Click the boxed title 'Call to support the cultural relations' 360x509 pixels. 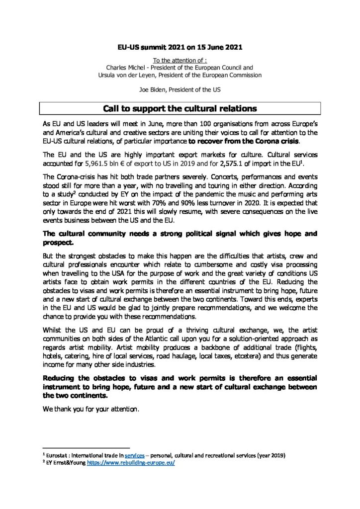180,108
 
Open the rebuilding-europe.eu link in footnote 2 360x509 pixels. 131,463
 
